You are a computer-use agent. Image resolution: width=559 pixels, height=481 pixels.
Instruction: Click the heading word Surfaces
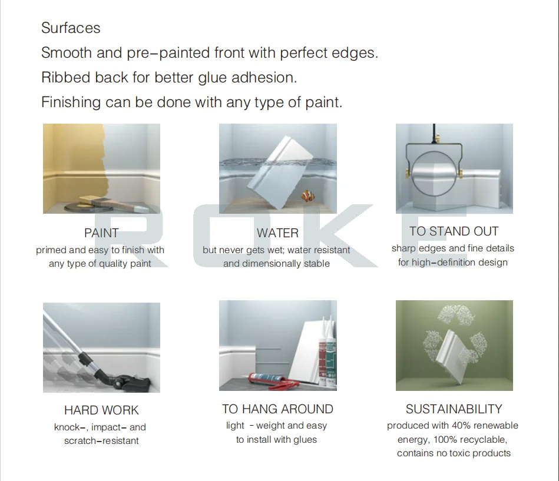tap(71, 28)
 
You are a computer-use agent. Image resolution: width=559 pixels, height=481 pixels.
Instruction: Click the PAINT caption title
tap(101, 233)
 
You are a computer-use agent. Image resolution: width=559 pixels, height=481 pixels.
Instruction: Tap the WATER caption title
tap(277, 233)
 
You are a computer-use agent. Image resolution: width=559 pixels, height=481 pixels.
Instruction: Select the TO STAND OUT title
tap(454, 231)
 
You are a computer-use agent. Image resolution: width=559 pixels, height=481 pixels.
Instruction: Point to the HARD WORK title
tap(101, 410)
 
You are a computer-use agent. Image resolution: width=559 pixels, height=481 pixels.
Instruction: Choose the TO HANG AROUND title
tap(277, 409)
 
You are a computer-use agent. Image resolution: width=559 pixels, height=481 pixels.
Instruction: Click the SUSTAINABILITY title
tap(454, 409)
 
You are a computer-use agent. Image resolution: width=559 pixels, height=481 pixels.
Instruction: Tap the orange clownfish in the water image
tap(307, 195)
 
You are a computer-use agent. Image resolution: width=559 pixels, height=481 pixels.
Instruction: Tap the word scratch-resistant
tap(101, 441)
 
